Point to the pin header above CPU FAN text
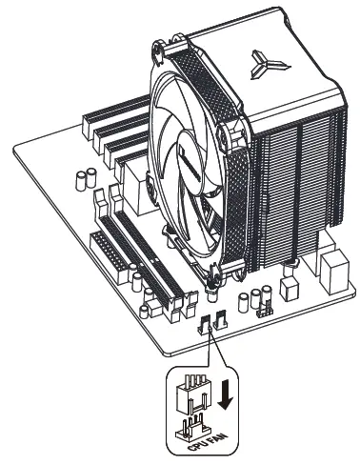tap(193, 423)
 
